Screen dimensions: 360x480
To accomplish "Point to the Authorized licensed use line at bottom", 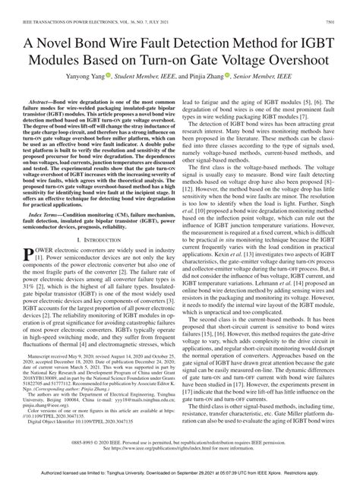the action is coord(179,474).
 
